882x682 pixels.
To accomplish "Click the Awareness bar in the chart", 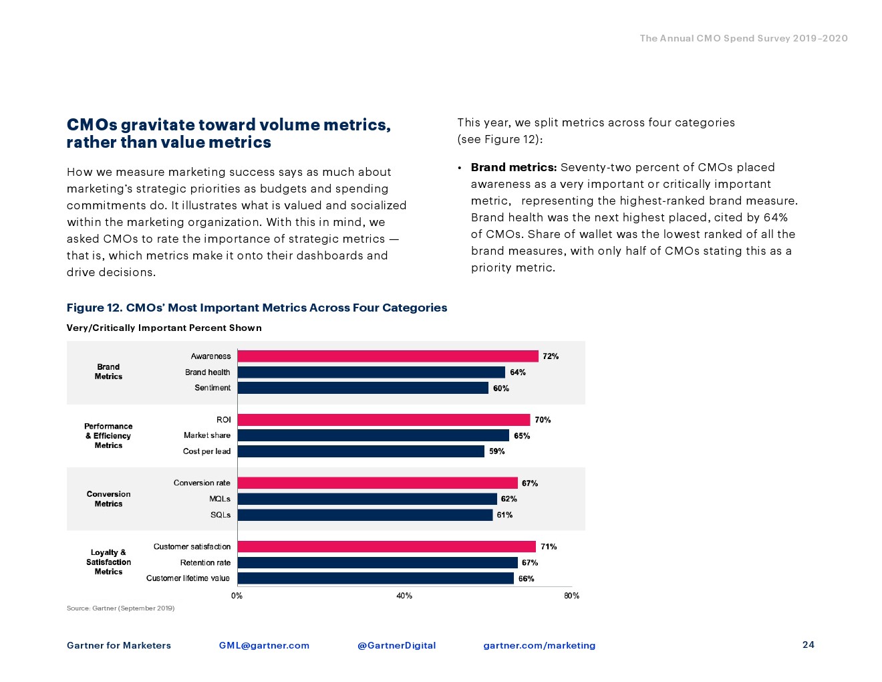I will pyautogui.click(x=388, y=356).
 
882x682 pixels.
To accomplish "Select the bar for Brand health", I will pyautogui.click(x=371, y=372).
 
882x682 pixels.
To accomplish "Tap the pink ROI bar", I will pyautogui.click(x=384, y=420).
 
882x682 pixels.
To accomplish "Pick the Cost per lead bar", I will pyautogui.click(x=361, y=451).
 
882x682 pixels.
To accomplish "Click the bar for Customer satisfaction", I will pyautogui.click(x=386, y=547).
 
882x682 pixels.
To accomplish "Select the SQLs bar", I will pyautogui.click(x=365, y=515).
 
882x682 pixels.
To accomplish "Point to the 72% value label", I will pyautogui.click(x=551, y=356).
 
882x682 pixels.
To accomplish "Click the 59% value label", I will pyautogui.click(x=497, y=451).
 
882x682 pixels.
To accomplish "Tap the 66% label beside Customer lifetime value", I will pyautogui.click(x=527, y=578).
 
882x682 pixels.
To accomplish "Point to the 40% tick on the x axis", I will pyautogui.click(x=404, y=596).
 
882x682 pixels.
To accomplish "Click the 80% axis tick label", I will pyautogui.click(x=571, y=596).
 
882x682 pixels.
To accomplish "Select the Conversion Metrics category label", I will pyautogui.click(x=108, y=499).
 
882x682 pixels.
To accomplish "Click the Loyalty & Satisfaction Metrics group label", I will pyautogui.click(x=108, y=562).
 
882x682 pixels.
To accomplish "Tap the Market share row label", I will pyautogui.click(x=207, y=435).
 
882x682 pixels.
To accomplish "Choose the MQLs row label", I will pyautogui.click(x=220, y=499).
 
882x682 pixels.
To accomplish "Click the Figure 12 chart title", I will pyautogui.click(x=257, y=308).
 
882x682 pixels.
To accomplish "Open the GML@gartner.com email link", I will pyautogui.click(x=264, y=645).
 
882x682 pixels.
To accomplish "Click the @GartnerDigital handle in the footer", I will pyautogui.click(x=396, y=645).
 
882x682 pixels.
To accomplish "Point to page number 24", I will pyautogui.click(x=808, y=645).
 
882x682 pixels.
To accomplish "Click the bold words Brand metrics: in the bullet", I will pyautogui.click(x=514, y=167).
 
